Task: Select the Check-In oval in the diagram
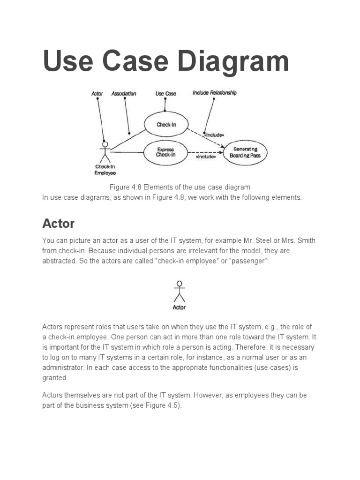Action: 166,125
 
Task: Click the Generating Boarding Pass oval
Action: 245,152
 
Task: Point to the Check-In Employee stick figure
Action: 105,151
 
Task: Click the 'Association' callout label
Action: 124,94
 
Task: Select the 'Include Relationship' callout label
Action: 214,93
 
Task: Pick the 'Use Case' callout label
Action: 166,94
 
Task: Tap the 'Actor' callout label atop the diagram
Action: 97,94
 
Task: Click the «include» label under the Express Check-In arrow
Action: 206,157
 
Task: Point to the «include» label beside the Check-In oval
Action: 213,135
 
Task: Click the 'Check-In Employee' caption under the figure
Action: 105,170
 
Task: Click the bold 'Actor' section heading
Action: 59,223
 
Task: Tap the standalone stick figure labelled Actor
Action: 179,291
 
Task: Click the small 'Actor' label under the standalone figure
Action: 179,307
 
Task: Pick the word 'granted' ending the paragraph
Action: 55,377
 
